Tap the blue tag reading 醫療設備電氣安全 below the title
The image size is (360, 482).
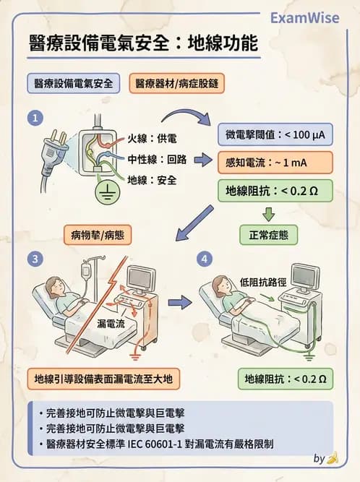tap(72, 83)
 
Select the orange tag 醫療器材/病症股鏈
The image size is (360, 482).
tap(176, 83)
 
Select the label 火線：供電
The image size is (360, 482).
tap(153, 138)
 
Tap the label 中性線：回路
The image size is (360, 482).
tap(157, 159)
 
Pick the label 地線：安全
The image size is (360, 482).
tap(153, 180)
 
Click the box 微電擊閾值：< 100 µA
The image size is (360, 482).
tap(275, 134)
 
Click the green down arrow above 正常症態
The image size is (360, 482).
tap(269, 213)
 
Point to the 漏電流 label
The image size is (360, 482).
tap(111, 324)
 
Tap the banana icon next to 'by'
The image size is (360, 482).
tap(333, 458)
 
